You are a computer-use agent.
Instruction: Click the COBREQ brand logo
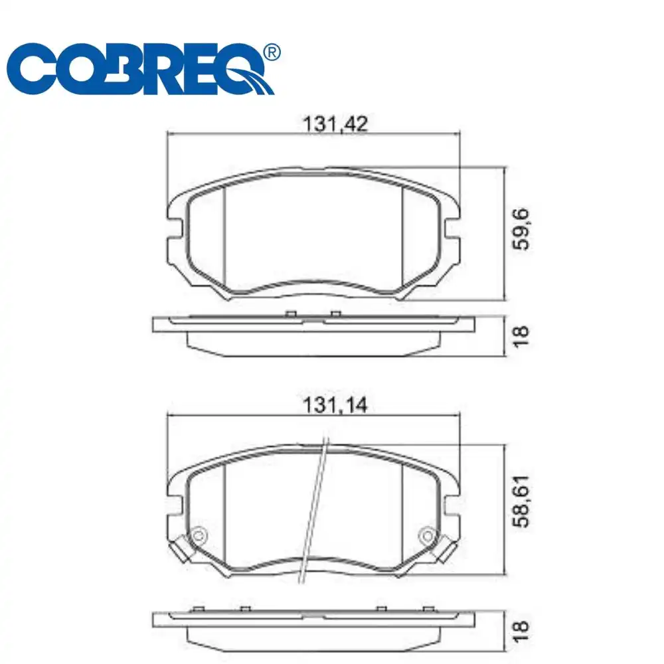click(139, 70)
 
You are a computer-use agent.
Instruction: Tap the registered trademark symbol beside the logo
click(272, 52)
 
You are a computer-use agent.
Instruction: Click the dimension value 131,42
click(335, 124)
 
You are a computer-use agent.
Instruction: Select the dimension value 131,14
click(335, 405)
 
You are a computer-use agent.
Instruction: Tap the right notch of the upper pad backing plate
click(452, 230)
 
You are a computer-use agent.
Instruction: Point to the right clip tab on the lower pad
click(447, 550)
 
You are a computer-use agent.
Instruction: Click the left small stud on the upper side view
click(290, 313)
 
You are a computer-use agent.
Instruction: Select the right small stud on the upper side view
click(335, 313)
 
